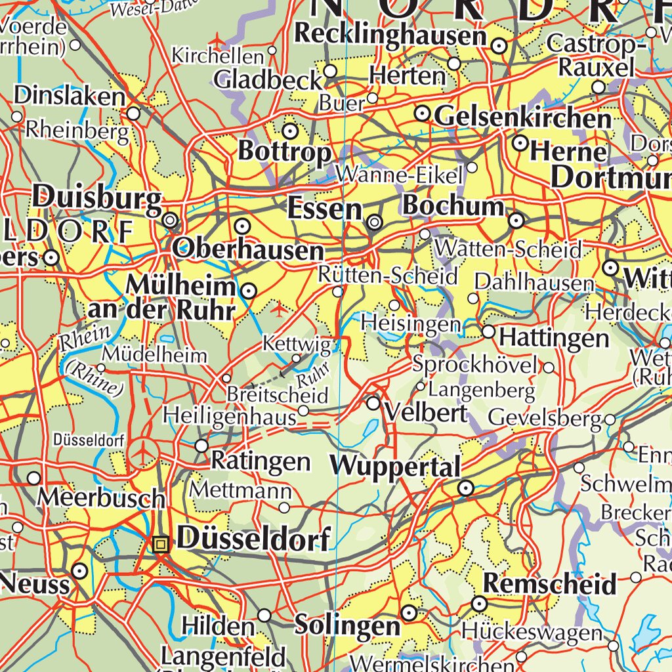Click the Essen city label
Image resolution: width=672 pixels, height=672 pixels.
[x=325, y=209]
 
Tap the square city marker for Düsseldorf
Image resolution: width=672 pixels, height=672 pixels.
[x=160, y=543]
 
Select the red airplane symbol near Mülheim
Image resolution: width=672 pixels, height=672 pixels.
[x=281, y=307]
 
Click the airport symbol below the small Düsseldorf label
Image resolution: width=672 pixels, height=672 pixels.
[x=143, y=453]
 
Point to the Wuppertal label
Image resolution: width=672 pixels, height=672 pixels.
[x=396, y=467]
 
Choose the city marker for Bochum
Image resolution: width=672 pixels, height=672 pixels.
[x=516, y=219]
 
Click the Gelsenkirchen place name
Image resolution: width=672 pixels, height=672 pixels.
[x=522, y=118]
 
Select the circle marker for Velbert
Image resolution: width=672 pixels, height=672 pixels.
[x=373, y=404]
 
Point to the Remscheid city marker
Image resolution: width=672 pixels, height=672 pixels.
[x=479, y=603]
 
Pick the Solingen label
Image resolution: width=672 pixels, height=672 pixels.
[x=347, y=624]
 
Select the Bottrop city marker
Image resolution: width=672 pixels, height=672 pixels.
[x=289, y=129]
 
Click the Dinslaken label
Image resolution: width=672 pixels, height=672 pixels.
[x=69, y=96]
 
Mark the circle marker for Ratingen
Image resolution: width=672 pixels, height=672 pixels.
[x=201, y=446]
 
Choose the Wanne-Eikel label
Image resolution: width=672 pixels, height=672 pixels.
[x=399, y=175]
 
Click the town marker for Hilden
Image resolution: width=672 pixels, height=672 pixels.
[x=264, y=615]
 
